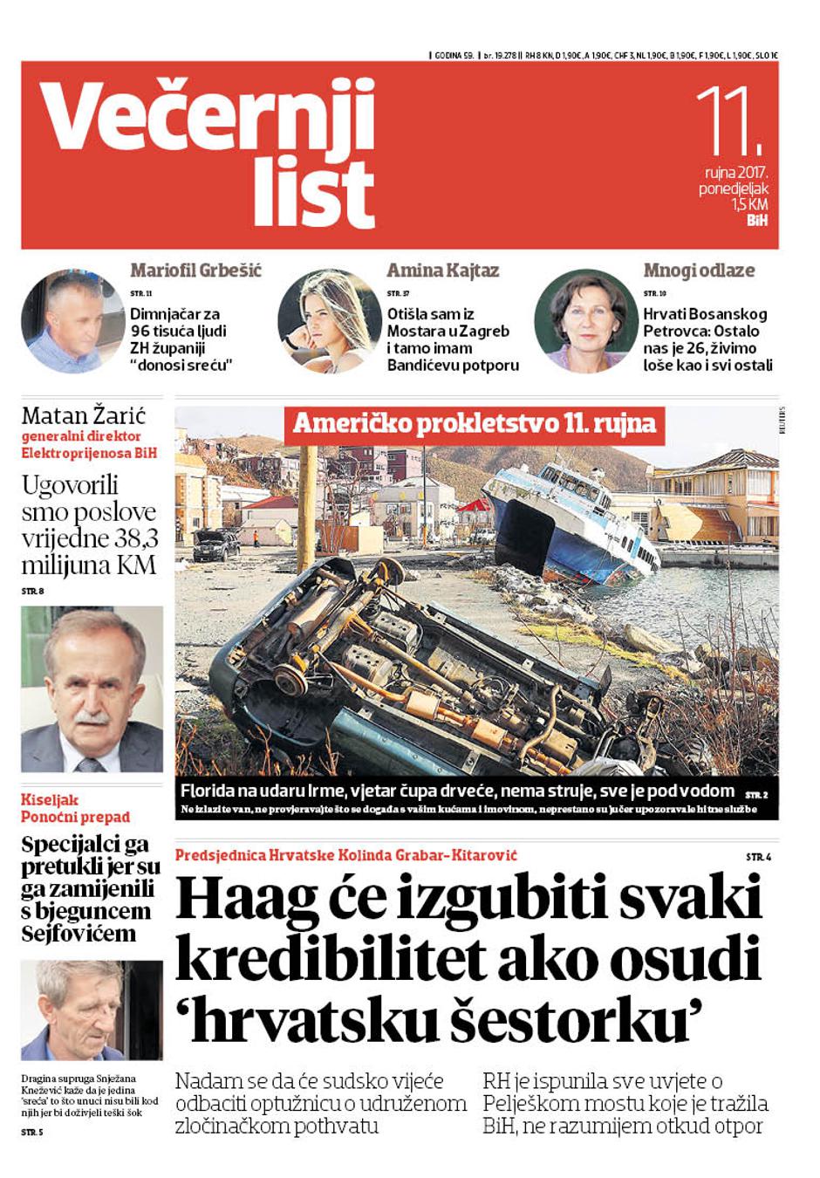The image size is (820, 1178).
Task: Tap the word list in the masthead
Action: [x=314, y=194]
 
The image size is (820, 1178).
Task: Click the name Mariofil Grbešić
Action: [x=195, y=271]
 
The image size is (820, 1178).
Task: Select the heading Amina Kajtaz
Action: [x=443, y=271]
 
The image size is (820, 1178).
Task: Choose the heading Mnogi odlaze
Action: [x=699, y=271]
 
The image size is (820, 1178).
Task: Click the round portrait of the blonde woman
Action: [x=329, y=320]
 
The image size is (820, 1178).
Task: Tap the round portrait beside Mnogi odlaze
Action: [x=585, y=320]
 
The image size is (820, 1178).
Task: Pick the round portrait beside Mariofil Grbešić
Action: [x=72, y=320]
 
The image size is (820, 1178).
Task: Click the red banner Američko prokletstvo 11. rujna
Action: [x=474, y=424]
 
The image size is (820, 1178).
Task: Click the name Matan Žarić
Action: [x=84, y=415]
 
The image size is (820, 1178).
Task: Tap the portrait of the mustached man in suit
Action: [x=92, y=689]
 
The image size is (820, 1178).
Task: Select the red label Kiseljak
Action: [x=50, y=799]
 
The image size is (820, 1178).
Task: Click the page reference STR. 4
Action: [x=758, y=858]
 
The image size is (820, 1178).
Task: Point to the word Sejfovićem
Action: [x=79, y=934]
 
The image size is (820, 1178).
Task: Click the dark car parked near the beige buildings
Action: [x=215, y=545]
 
